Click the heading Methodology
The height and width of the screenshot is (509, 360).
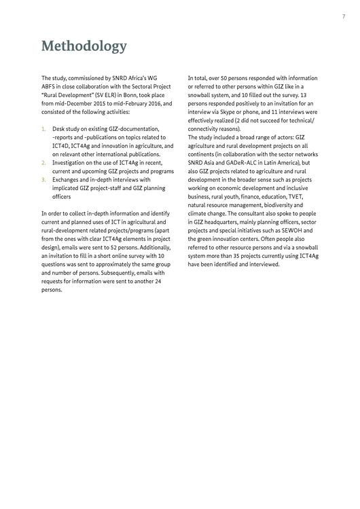point(84,46)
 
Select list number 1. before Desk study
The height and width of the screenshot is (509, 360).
point(43,129)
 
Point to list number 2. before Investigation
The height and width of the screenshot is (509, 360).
point(43,163)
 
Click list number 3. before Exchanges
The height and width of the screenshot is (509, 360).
point(43,180)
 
